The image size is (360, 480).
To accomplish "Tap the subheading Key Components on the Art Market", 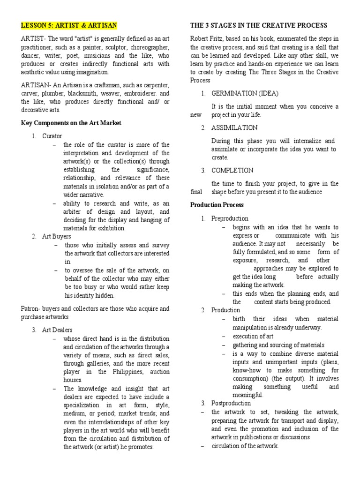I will (x=71, y=123).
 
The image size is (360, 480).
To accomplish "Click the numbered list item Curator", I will (x=52, y=136).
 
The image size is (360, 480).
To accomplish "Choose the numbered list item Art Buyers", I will (x=54, y=236).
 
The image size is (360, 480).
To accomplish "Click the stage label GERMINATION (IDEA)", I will (x=245, y=93).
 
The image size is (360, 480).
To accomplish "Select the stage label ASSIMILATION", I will (x=234, y=127).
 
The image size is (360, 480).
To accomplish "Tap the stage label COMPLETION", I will (x=232, y=170).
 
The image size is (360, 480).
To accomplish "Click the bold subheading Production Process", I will (x=217, y=205).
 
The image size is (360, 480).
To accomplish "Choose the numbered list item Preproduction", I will (x=230, y=218).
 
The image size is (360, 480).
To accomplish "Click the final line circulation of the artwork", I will (x=245, y=446).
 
